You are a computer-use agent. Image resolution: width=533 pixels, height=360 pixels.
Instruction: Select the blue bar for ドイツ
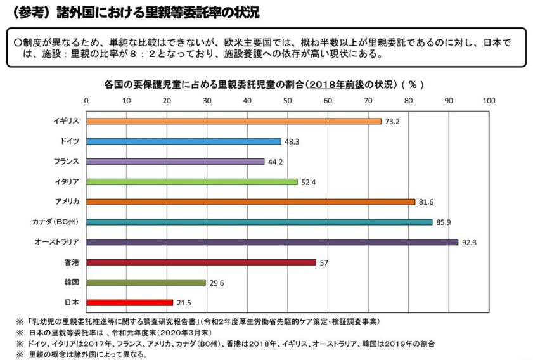coord(183,141)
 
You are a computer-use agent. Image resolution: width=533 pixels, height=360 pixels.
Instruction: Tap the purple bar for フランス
coord(175,162)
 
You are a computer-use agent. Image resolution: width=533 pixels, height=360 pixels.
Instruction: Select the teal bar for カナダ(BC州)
coord(259,222)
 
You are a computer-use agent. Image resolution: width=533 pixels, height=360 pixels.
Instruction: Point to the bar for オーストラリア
coord(272,242)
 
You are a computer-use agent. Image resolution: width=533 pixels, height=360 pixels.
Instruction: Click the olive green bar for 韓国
coord(146,282)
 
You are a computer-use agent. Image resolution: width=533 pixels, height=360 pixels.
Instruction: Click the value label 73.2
coord(392,122)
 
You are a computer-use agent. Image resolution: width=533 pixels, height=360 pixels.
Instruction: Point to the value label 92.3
coord(470,243)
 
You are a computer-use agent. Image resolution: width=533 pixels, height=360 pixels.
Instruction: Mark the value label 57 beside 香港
coord(323,263)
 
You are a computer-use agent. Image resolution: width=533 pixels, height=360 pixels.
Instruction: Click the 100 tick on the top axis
coord(488,100)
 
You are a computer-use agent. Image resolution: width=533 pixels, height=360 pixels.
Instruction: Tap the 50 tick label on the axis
coord(288,100)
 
